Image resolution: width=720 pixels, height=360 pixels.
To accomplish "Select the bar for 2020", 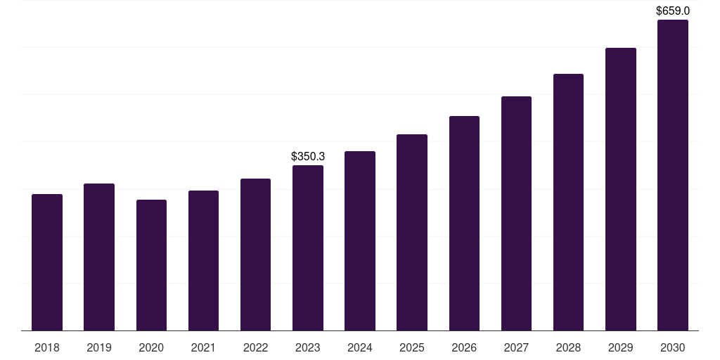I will [151, 265].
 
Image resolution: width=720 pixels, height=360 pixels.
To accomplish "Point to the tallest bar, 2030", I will [673, 175].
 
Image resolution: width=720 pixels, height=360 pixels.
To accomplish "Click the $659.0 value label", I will [673, 11].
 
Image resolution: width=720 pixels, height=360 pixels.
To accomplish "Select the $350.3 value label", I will [308, 156].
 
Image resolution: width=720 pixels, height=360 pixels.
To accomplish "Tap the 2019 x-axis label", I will [99, 347].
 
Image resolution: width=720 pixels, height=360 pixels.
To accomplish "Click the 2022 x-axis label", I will [255, 347].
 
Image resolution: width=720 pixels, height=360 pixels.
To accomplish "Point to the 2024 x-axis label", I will [360, 347].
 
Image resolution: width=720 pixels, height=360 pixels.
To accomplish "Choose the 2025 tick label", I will [412, 347].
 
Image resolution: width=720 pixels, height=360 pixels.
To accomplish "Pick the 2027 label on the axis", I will [516, 347].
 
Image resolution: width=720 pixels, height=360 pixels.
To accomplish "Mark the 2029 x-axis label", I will [621, 347].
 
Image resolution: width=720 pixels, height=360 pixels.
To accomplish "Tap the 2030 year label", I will [673, 347].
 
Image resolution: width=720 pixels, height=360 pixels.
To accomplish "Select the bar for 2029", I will [621, 189].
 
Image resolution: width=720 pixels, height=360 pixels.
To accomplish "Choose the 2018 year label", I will [47, 347].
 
